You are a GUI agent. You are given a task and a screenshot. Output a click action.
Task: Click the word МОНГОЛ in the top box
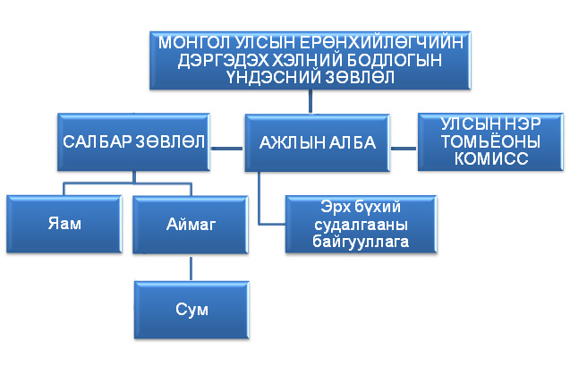pos(194,43)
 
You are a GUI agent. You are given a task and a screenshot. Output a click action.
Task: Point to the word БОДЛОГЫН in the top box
pos(395,60)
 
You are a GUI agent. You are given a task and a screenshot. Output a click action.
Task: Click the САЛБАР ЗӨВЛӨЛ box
pos(133,141)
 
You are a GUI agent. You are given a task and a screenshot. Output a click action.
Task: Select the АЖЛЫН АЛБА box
pos(318,142)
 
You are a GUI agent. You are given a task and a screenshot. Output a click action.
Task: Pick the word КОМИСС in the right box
pos(491,158)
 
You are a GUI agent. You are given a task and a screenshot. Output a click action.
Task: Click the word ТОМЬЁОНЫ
pos(490,141)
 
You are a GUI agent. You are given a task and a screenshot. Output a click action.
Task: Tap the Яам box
pos(64,224)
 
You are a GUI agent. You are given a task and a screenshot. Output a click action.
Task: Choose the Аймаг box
pos(191,225)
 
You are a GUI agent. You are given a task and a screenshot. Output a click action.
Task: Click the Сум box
pos(191,310)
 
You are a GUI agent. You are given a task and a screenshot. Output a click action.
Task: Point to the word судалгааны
pos(361,225)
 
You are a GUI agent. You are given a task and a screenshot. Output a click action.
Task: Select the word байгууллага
pos(361,242)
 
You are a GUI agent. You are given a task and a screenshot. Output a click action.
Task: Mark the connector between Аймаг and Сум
pos(191,268)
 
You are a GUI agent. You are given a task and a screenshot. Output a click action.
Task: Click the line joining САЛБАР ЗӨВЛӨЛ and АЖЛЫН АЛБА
pos(227,148)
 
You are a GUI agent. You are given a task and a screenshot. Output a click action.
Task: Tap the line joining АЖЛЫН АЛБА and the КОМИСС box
pos(404,148)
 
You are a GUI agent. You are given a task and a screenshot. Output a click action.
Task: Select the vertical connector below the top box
pos(311,101)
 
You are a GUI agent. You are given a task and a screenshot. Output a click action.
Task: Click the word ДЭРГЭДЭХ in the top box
pos(224,60)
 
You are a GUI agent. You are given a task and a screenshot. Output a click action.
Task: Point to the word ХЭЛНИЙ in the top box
pos(308,60)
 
